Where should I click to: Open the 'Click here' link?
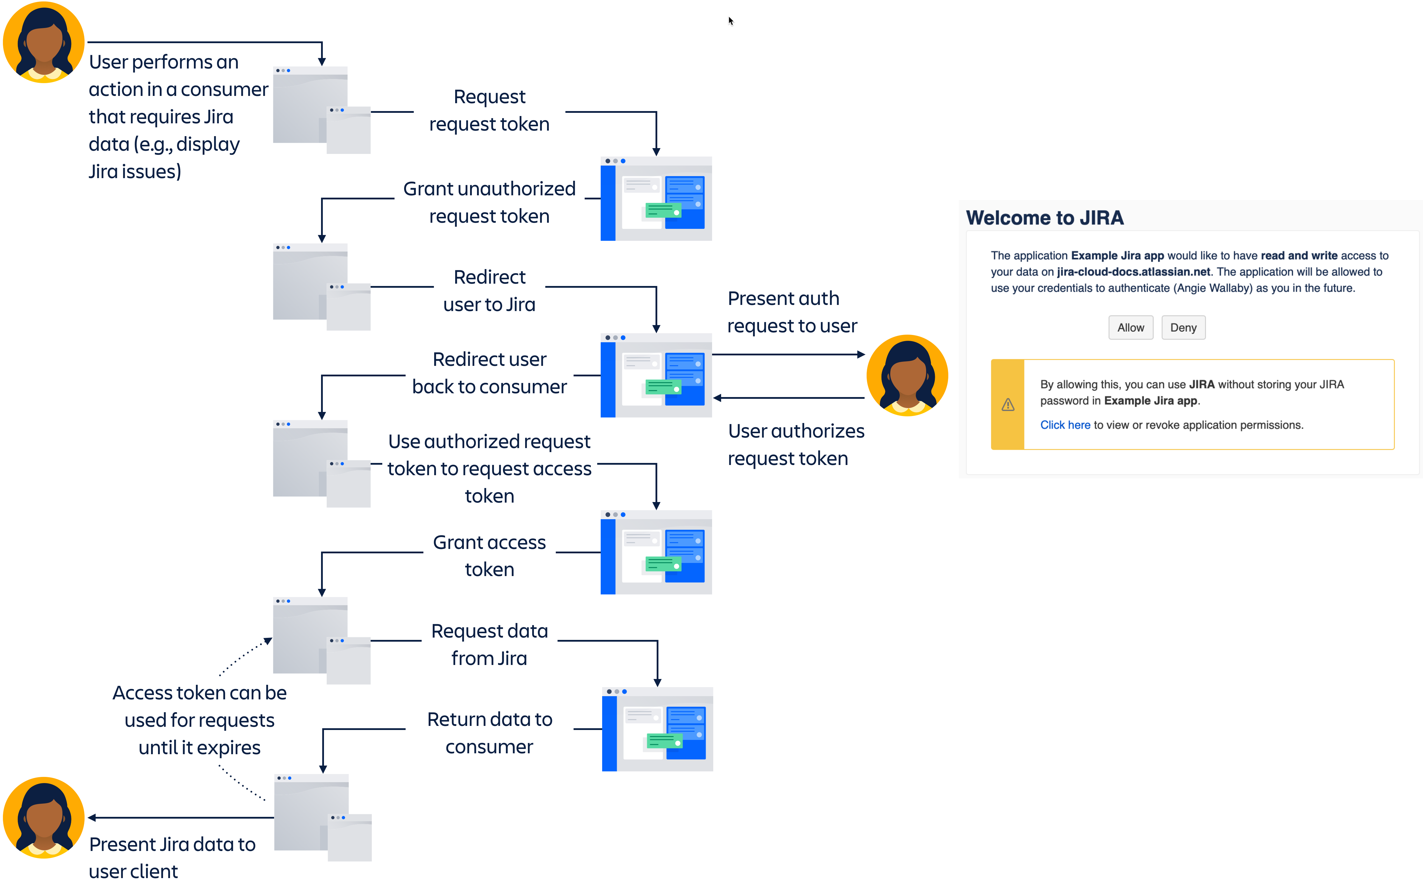coord(1065,425)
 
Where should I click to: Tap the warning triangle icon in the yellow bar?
coord(1007,404)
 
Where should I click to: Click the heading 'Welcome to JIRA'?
coord(1044,218)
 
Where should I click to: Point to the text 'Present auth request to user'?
coord(791,312)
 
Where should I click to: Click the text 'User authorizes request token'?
coord(795,445)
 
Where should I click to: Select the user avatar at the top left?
coord(44,42)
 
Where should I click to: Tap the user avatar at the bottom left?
coord(44,817)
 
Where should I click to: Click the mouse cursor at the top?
coord(730,21)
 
